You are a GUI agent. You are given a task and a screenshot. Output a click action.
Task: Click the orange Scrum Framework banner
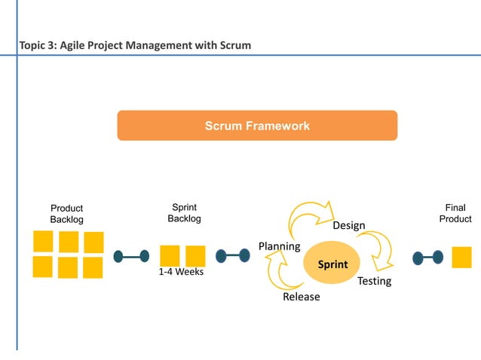coord(257,126)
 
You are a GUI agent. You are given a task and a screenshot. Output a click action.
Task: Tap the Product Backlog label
coord(66,214)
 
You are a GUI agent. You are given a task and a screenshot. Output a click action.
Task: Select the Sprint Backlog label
coord(185,212)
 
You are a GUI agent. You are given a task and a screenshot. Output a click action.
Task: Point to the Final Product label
coord(455,213)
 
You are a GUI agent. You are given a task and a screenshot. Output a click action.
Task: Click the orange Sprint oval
coord(332,264)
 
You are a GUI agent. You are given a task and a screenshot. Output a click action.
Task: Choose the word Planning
coord(279,246)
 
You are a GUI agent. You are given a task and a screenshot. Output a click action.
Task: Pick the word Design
coord(349,225)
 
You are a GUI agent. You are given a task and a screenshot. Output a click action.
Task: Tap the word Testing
coord(374,281)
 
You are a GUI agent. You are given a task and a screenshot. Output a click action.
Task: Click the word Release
coord(301,297)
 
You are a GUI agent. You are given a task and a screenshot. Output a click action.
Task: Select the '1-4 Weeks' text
coord(181,272)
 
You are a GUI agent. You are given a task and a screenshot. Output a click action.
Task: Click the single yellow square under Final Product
coord(461,258)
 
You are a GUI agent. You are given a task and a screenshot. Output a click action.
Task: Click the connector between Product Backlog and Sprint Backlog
coord(131,257)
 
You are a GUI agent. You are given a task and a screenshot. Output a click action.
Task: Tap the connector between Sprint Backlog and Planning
coord(232,256)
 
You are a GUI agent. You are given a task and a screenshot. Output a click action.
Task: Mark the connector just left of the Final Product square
coord(428,258)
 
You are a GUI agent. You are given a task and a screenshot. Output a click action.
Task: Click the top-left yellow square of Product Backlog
coord(43,242)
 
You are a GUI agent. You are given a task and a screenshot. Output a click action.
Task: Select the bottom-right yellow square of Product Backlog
coord(93,267)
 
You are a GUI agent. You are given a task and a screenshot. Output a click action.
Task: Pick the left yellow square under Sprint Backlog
coord(170,256)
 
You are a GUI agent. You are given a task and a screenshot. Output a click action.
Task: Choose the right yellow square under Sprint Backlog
coord(196,256)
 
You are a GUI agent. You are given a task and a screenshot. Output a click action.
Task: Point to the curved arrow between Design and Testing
coord(377,249)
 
